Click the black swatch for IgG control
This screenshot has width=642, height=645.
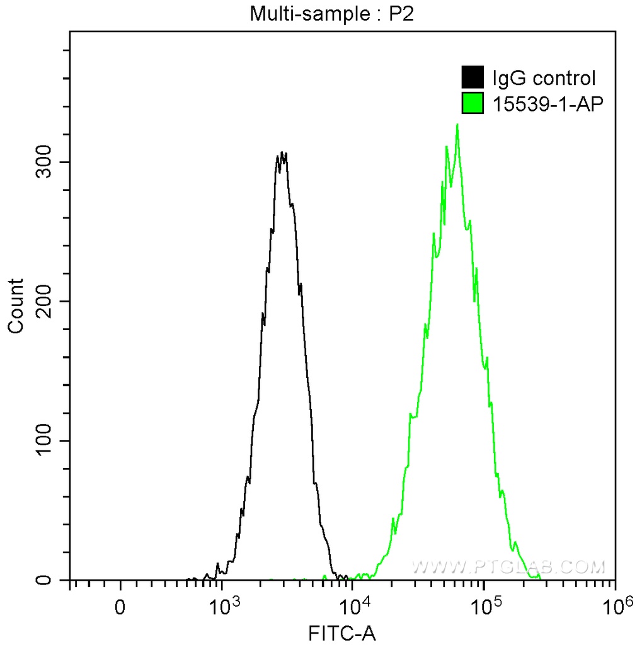[473, 78]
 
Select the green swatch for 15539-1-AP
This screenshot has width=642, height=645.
[473, 103]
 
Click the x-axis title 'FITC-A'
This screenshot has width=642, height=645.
[341, 632]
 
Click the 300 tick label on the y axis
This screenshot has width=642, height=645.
[43, 162]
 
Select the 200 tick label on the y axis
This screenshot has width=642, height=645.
[43, 301]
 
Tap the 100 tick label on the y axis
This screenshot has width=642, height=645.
[43, 440]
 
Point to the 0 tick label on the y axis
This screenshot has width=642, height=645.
[43, 579]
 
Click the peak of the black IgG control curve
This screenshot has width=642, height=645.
[283, 152]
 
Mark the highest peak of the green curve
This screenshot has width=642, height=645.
[457, 124]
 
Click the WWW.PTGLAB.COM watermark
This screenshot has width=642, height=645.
[508, 567]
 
